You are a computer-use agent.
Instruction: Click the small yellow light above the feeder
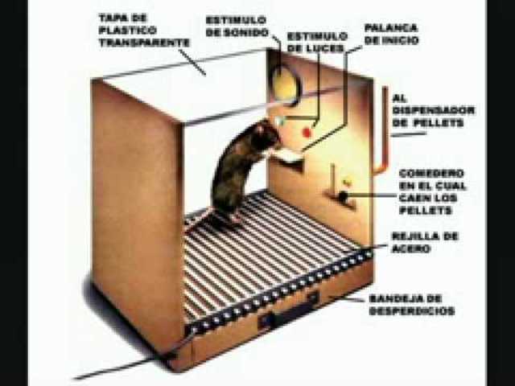(347, 182)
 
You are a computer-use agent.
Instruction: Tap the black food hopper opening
(344, 196)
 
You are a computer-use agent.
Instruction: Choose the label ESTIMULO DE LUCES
(317, 42)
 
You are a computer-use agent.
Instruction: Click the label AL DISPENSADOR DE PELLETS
(433, 110)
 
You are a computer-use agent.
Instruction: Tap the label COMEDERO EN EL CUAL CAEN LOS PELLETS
(435, 191)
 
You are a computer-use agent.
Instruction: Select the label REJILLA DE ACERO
(424, 242)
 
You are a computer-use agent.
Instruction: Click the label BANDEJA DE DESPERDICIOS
(412, 304)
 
